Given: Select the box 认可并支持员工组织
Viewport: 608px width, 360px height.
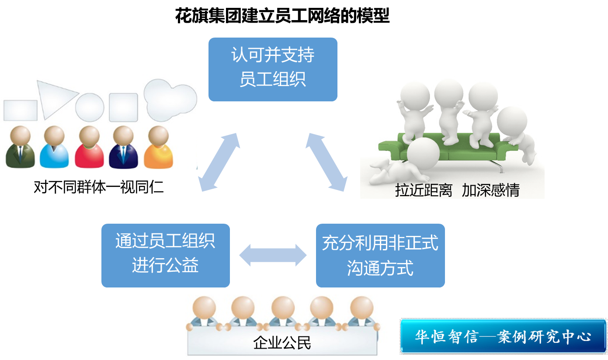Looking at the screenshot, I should (273, 69).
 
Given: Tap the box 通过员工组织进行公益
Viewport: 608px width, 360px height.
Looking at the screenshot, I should (165, 256).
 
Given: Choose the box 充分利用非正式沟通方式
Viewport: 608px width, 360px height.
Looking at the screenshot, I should (380, 256).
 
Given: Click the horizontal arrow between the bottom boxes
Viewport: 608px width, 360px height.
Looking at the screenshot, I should (273, 255).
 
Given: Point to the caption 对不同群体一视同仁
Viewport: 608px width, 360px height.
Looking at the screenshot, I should (99, 187).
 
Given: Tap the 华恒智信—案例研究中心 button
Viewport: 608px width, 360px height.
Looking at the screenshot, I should (503, 336).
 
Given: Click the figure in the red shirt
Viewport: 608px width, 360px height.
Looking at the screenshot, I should (89, 149).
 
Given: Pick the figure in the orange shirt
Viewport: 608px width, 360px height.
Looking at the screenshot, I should (158, 149).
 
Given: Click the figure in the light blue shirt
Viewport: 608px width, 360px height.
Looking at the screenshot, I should (54, 149).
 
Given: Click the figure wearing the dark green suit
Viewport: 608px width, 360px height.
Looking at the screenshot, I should (20, 149).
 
